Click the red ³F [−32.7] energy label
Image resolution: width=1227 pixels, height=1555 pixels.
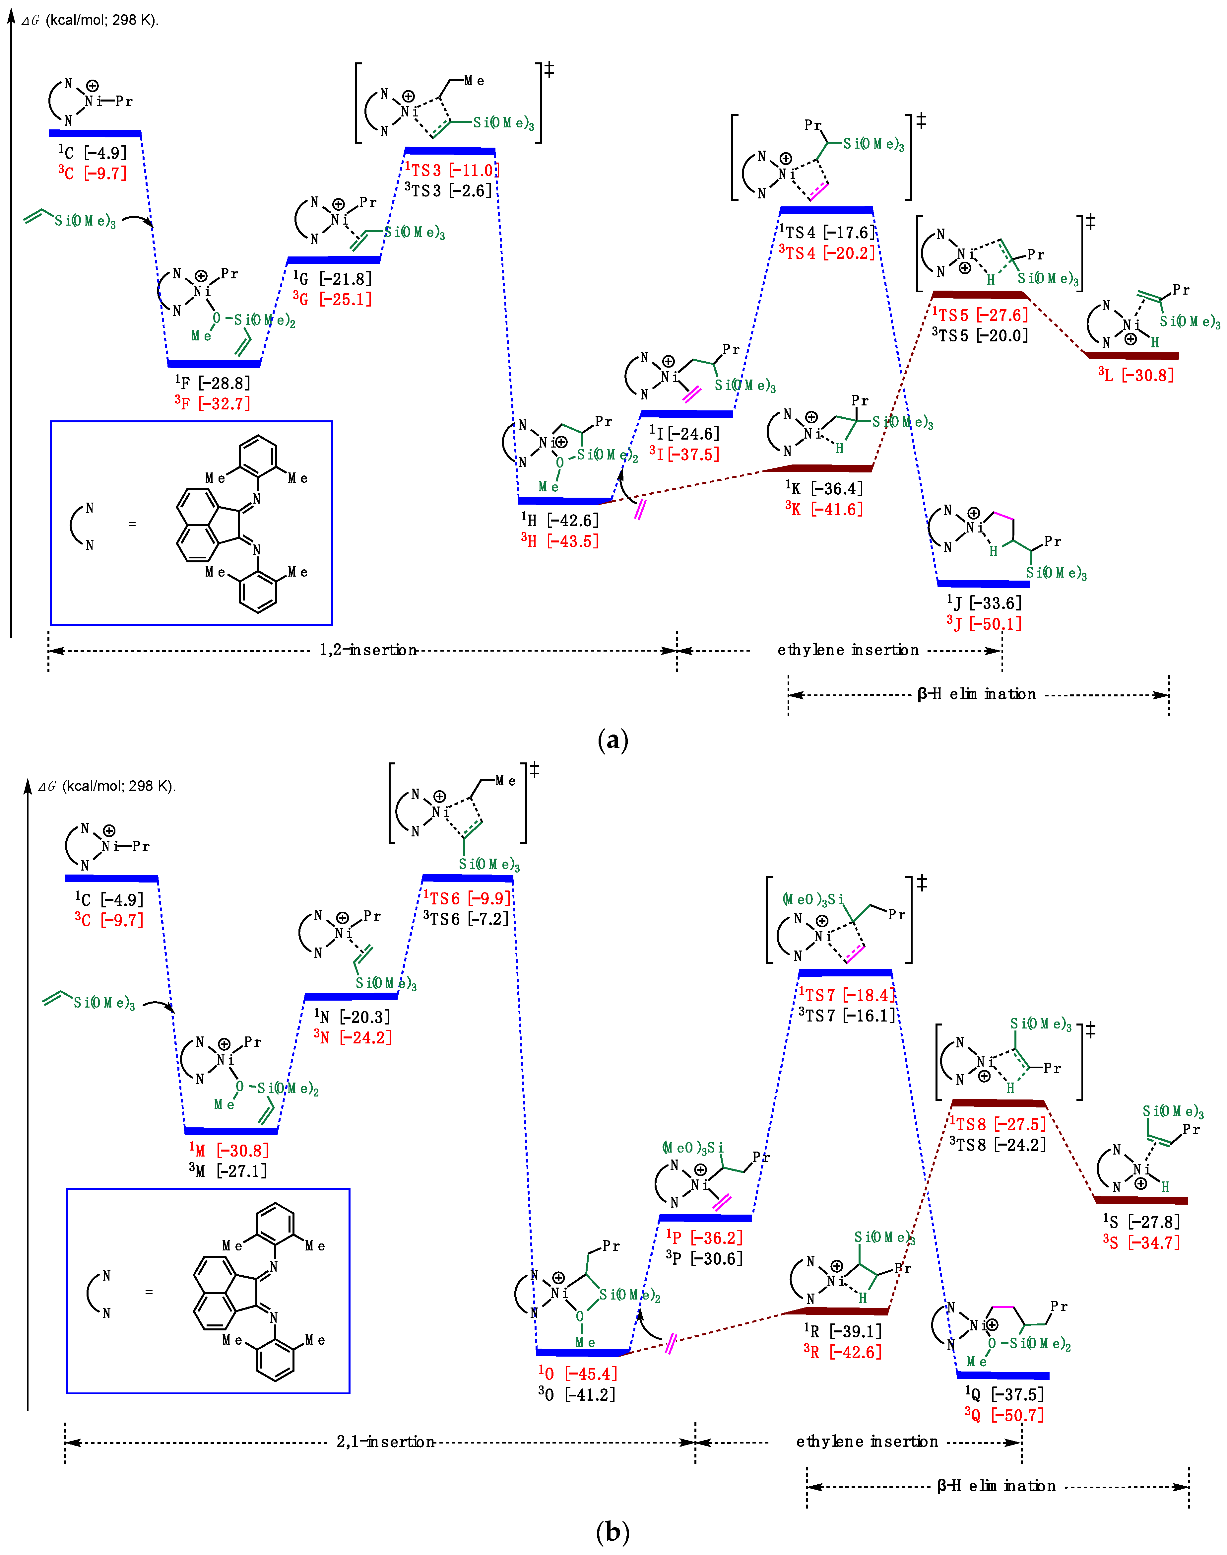[x=213, y=403]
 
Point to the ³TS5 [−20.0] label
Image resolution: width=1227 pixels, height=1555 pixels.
[x=980, y=335]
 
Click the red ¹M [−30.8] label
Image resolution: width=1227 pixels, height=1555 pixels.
[x=229, y=1151]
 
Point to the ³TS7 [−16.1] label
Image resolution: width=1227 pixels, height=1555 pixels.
[x=848, y=1015]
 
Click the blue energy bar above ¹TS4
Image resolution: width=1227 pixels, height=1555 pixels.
[x=826, y=210]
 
